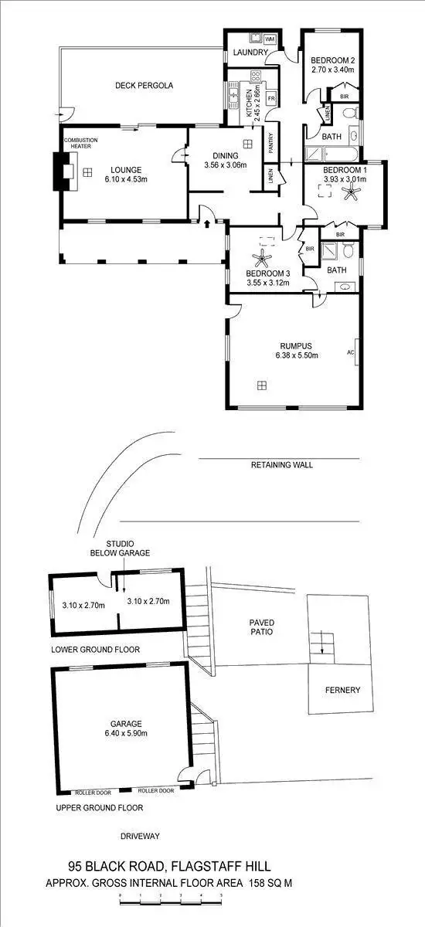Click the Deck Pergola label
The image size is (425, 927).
point(143,86)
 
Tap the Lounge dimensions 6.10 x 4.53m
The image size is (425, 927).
point(124,179)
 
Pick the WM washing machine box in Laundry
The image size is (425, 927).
point(270,39)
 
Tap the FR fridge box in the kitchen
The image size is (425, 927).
point(271,100)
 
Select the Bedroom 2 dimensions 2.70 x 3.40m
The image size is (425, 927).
point(332,70)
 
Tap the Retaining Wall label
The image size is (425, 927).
point(282,465)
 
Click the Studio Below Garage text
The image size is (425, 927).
point(120,548)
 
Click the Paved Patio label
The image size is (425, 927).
point(262,626)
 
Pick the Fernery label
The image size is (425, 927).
point(342,690)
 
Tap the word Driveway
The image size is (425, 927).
point(140,836)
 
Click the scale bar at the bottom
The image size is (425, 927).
point(170,898)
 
